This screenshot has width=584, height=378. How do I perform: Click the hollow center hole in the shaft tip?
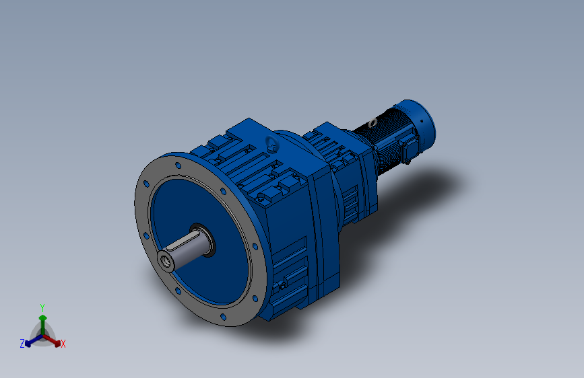(166, 262)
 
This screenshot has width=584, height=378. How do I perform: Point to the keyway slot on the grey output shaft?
(182, 241)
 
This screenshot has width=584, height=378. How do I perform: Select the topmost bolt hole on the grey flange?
(178, 165)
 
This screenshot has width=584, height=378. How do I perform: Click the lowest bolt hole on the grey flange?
(223, 317)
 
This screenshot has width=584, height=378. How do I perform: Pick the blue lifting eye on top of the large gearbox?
(271, 144)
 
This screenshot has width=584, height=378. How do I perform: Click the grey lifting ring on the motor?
(372, 123)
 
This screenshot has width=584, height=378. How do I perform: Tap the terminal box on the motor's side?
(409, 147)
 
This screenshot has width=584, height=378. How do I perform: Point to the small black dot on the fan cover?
(422, 121)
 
